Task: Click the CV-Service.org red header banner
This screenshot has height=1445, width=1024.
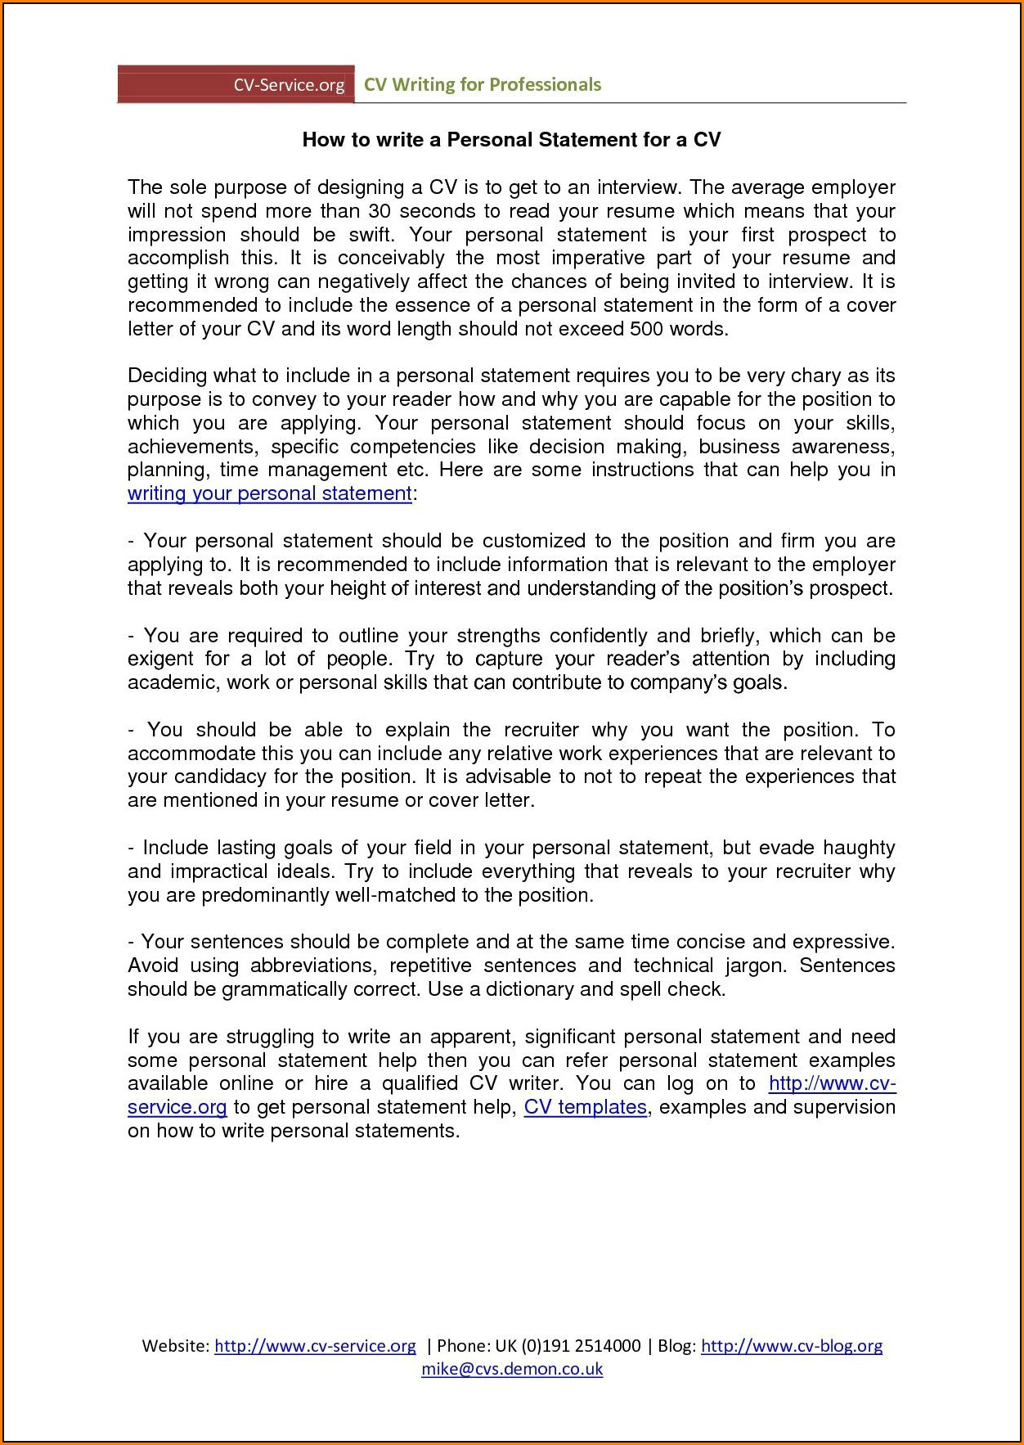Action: coord(236,84)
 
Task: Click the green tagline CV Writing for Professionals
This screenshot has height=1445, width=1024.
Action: coord(482,84)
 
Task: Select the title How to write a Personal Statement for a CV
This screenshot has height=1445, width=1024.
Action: coord(511,140)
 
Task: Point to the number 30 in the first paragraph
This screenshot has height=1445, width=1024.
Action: coord(380,211)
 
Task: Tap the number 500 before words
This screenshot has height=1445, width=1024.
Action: coord(646,329)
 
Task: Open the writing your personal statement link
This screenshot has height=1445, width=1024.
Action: coord(270,493)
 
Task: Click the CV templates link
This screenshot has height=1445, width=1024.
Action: coord(586,1107)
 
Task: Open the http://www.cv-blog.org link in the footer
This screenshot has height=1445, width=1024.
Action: coord(792,1346)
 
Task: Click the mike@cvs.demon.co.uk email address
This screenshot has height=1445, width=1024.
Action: coord(512,1369)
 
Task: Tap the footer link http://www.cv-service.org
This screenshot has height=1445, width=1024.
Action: coord(315,1346)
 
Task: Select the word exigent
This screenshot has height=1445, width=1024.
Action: coord(160,659)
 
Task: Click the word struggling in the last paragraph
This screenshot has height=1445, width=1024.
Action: coord(270,1037)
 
